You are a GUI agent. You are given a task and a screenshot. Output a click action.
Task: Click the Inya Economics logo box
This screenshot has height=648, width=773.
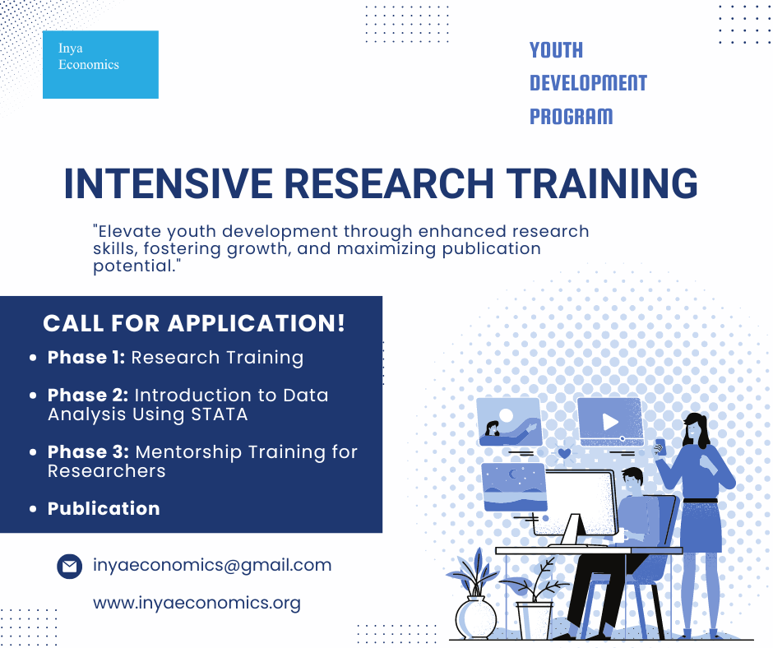(100, 65)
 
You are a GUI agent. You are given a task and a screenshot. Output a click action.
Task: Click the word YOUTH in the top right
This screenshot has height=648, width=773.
(556, 50)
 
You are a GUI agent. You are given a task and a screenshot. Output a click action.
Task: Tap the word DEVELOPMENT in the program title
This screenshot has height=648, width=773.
(588, 83)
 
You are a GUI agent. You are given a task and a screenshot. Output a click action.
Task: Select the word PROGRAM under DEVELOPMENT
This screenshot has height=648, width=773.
(572, 117)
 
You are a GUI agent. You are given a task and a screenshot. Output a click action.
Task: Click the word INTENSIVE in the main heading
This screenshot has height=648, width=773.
(168, 183)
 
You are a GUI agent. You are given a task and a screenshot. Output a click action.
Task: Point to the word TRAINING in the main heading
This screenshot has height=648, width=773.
(602, 183)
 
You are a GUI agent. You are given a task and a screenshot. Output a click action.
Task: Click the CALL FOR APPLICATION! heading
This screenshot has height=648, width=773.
(194, 323)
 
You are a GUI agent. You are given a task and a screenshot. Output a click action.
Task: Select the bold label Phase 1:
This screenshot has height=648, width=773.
(86, 358)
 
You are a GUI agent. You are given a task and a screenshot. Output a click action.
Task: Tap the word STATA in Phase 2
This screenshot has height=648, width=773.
(220, 414)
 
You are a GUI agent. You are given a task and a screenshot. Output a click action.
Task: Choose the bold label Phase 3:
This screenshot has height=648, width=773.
(88, 451)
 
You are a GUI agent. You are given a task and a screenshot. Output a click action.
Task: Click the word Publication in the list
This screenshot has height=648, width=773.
(104, 508)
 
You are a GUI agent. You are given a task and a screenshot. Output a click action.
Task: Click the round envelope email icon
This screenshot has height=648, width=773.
(70, 566)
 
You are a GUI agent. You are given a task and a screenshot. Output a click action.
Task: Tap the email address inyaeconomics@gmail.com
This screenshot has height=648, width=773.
(212, 565)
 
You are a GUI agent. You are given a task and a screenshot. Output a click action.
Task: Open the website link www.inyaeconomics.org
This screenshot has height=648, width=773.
(197, 603)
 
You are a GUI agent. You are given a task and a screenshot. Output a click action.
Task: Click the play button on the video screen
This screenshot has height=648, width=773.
(610, 422)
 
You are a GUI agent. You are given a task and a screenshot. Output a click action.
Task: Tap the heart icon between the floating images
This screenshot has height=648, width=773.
(564, 453)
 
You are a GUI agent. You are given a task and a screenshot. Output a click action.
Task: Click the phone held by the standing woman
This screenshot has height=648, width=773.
(660, 447)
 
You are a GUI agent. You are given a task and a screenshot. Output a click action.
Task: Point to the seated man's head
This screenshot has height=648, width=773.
(632, 481)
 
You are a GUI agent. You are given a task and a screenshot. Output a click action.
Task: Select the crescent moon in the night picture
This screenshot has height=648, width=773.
(513, 474)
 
